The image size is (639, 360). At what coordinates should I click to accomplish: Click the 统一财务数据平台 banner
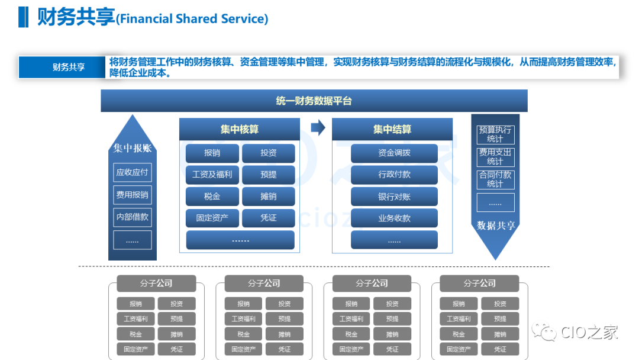click(314, 101)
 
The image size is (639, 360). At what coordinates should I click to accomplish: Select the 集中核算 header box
click(239, 130)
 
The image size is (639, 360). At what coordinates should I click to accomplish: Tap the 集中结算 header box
click(392, 130)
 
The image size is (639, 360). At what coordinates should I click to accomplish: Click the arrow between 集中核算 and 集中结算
click(318, 127)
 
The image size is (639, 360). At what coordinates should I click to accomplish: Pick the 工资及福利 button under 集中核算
click(212, 175)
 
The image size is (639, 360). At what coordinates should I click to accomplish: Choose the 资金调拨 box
click(394, 153)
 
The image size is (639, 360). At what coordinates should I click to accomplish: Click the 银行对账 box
click(394, 197)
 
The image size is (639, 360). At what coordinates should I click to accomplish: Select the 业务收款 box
click(394, 218)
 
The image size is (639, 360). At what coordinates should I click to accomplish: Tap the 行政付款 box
click(394, 175)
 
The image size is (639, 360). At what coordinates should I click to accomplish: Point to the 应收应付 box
click(133, 172)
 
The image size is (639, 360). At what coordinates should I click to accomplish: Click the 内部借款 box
click(133, 217)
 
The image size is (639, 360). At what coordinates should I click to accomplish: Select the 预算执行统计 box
click(495, 134)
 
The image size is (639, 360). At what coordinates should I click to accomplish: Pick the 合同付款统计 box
click(495, 179)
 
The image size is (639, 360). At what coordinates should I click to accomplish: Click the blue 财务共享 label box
click(69, 67)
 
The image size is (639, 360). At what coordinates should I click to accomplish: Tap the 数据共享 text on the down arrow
click(496, 226)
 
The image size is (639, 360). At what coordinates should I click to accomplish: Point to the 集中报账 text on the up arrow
click(133, 148)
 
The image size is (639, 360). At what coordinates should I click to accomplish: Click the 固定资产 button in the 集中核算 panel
click(212, 218)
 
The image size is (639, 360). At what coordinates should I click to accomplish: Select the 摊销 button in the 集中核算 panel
click(268, 197)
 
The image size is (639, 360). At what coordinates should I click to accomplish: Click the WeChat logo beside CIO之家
click(546, 332)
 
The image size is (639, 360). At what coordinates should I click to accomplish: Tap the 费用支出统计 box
click(495, 157)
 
